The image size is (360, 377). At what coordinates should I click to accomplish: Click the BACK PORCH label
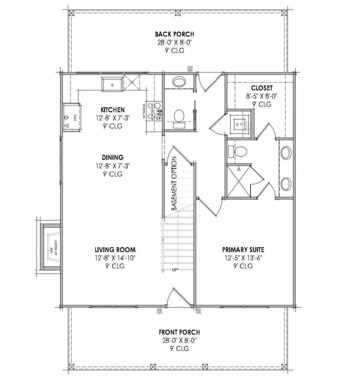(x=174, y=35)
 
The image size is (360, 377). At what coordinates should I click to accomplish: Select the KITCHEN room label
(x=113, y=110)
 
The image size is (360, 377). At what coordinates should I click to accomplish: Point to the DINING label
(x=113, y=158)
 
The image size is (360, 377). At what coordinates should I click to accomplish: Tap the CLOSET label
(x=262, y=88)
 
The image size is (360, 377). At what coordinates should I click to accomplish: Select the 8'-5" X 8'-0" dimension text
(x=262, y=96)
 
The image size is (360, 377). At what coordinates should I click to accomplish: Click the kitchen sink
(x=112, y=84)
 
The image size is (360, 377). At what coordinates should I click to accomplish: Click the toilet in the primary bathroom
(x=241, y=151)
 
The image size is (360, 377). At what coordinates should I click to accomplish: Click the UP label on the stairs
(x=175, y=270)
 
